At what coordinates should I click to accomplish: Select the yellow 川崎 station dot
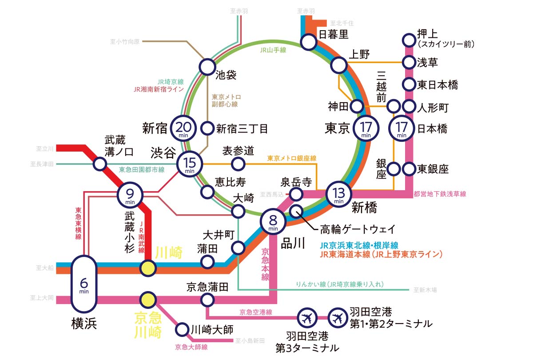pyautogui.click(x=148, y=268)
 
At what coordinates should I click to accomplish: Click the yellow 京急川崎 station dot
pyautogui.click(x=147, y=300)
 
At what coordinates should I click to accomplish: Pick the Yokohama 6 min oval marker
pyautogui.click(x=84, y=284)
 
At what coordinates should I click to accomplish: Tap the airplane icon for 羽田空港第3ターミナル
pyautogui.click(x=306, y=318)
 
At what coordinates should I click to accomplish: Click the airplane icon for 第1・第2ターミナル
pyautogui.click(x=338, y=318)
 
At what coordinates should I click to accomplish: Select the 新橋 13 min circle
pyautogui.click(x=338, y=194)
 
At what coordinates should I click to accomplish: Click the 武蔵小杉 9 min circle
pyautogui.click(x=130, y=195)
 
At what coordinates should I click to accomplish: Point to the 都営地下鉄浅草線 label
pyautogui.click(x=440, y=194)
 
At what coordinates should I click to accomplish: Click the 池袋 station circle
pyautogui.click(x=207, y=67)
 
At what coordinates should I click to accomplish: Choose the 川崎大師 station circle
pyautogui.click(x=182, y=330)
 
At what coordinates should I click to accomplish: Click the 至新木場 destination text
pyautogui.click(x=425, y=290)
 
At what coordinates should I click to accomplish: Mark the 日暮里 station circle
pyautogui.click(x=308, y=42)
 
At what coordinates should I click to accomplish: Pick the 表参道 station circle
pyautogui.click(x=239, y=164)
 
